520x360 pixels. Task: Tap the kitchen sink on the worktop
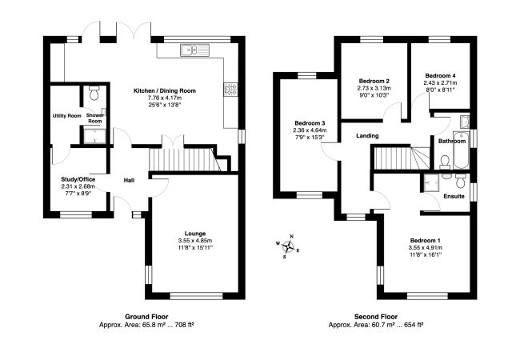click(192, 52)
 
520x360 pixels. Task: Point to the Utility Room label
click(67, 116)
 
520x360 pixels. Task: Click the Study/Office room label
click(78, 179)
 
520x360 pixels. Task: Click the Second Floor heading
click(376, 317)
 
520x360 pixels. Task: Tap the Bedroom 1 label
click(425, 241)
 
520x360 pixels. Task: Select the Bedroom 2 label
click(374, 82)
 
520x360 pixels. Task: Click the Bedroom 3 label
click(309, 123)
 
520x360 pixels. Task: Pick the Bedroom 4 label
click(440, 74)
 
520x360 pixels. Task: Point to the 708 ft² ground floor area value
click(186, 325)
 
